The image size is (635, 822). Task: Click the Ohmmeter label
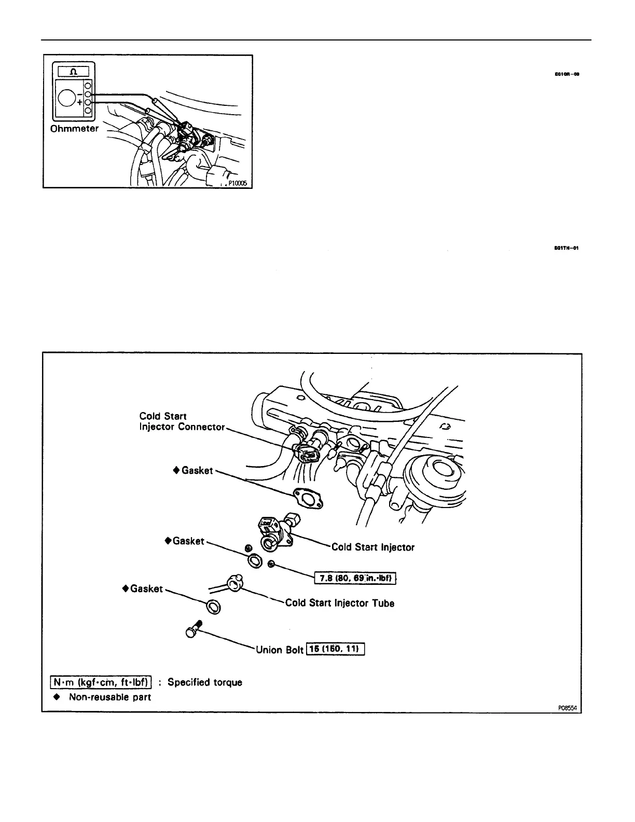pos(74,129)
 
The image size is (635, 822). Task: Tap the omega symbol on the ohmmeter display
pos(73,71)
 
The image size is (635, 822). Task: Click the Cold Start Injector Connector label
pos(182,421)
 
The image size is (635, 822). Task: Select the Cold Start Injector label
pos(372,547)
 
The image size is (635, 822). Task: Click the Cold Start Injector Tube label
pos(339,603)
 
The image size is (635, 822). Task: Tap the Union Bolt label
pos(279,650)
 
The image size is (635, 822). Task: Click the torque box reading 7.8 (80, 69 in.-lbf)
pos(355,578)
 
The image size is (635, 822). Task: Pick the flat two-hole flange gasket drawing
pos(307,499)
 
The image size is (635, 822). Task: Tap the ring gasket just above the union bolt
pos(212,606)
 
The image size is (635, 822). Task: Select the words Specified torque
pos(205,682)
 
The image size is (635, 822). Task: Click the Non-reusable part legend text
pos(109,697)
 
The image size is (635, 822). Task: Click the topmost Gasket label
pos(197,471)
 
